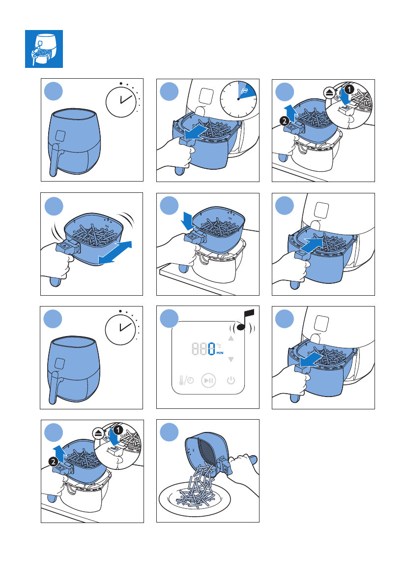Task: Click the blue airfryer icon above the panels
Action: pos(44,49)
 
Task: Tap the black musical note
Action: pos(245,320)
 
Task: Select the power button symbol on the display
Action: pos(231,380)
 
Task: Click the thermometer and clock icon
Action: pos(186,380)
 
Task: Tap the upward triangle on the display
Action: pos(231,338)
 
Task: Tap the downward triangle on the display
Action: pos(231,360)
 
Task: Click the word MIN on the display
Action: pos(220,353)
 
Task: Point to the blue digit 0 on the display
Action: pos(212,349)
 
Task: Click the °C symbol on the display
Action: pos(219,346)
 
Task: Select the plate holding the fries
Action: pos(195,499)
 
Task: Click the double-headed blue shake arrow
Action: pos(115,252)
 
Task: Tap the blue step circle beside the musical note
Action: pos(169,319)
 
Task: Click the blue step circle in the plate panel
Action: pos(169,432)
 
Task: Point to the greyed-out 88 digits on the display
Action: pos(200,349)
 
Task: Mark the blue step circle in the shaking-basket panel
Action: pos(54,206)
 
